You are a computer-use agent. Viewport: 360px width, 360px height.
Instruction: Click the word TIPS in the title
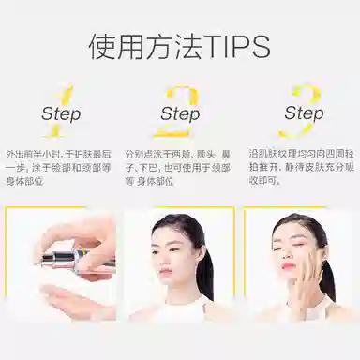click(x=234, y=46)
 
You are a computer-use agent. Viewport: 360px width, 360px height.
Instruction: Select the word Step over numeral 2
click(x=179, y=113)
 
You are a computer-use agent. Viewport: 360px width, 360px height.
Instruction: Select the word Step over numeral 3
click(x=304, y=113)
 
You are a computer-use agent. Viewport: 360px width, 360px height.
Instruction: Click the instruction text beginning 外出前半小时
click(x=57, y=165)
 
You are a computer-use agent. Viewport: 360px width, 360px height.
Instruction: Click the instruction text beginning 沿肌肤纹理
click(x=302, y=165)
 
